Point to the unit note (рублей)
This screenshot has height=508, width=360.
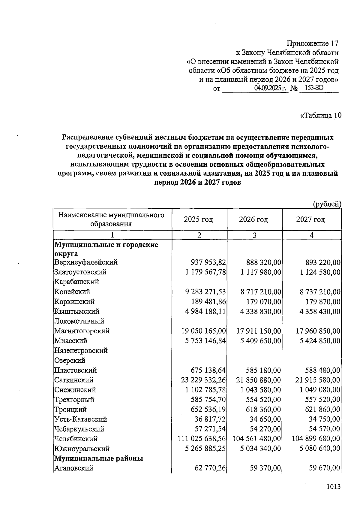point(327,204)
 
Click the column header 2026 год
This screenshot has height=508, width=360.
point(253,219)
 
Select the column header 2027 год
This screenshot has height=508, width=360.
point(310,219)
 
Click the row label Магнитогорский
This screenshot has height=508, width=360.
point(82,331)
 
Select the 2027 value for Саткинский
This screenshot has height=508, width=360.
point(318,380)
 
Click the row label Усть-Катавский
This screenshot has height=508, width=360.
point(80,419)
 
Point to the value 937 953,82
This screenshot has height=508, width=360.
point(208,262)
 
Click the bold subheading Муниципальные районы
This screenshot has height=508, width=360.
point(98,458)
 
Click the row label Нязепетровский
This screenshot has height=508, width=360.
point(81,350)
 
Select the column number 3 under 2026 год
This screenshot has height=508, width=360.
point(254,235)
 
